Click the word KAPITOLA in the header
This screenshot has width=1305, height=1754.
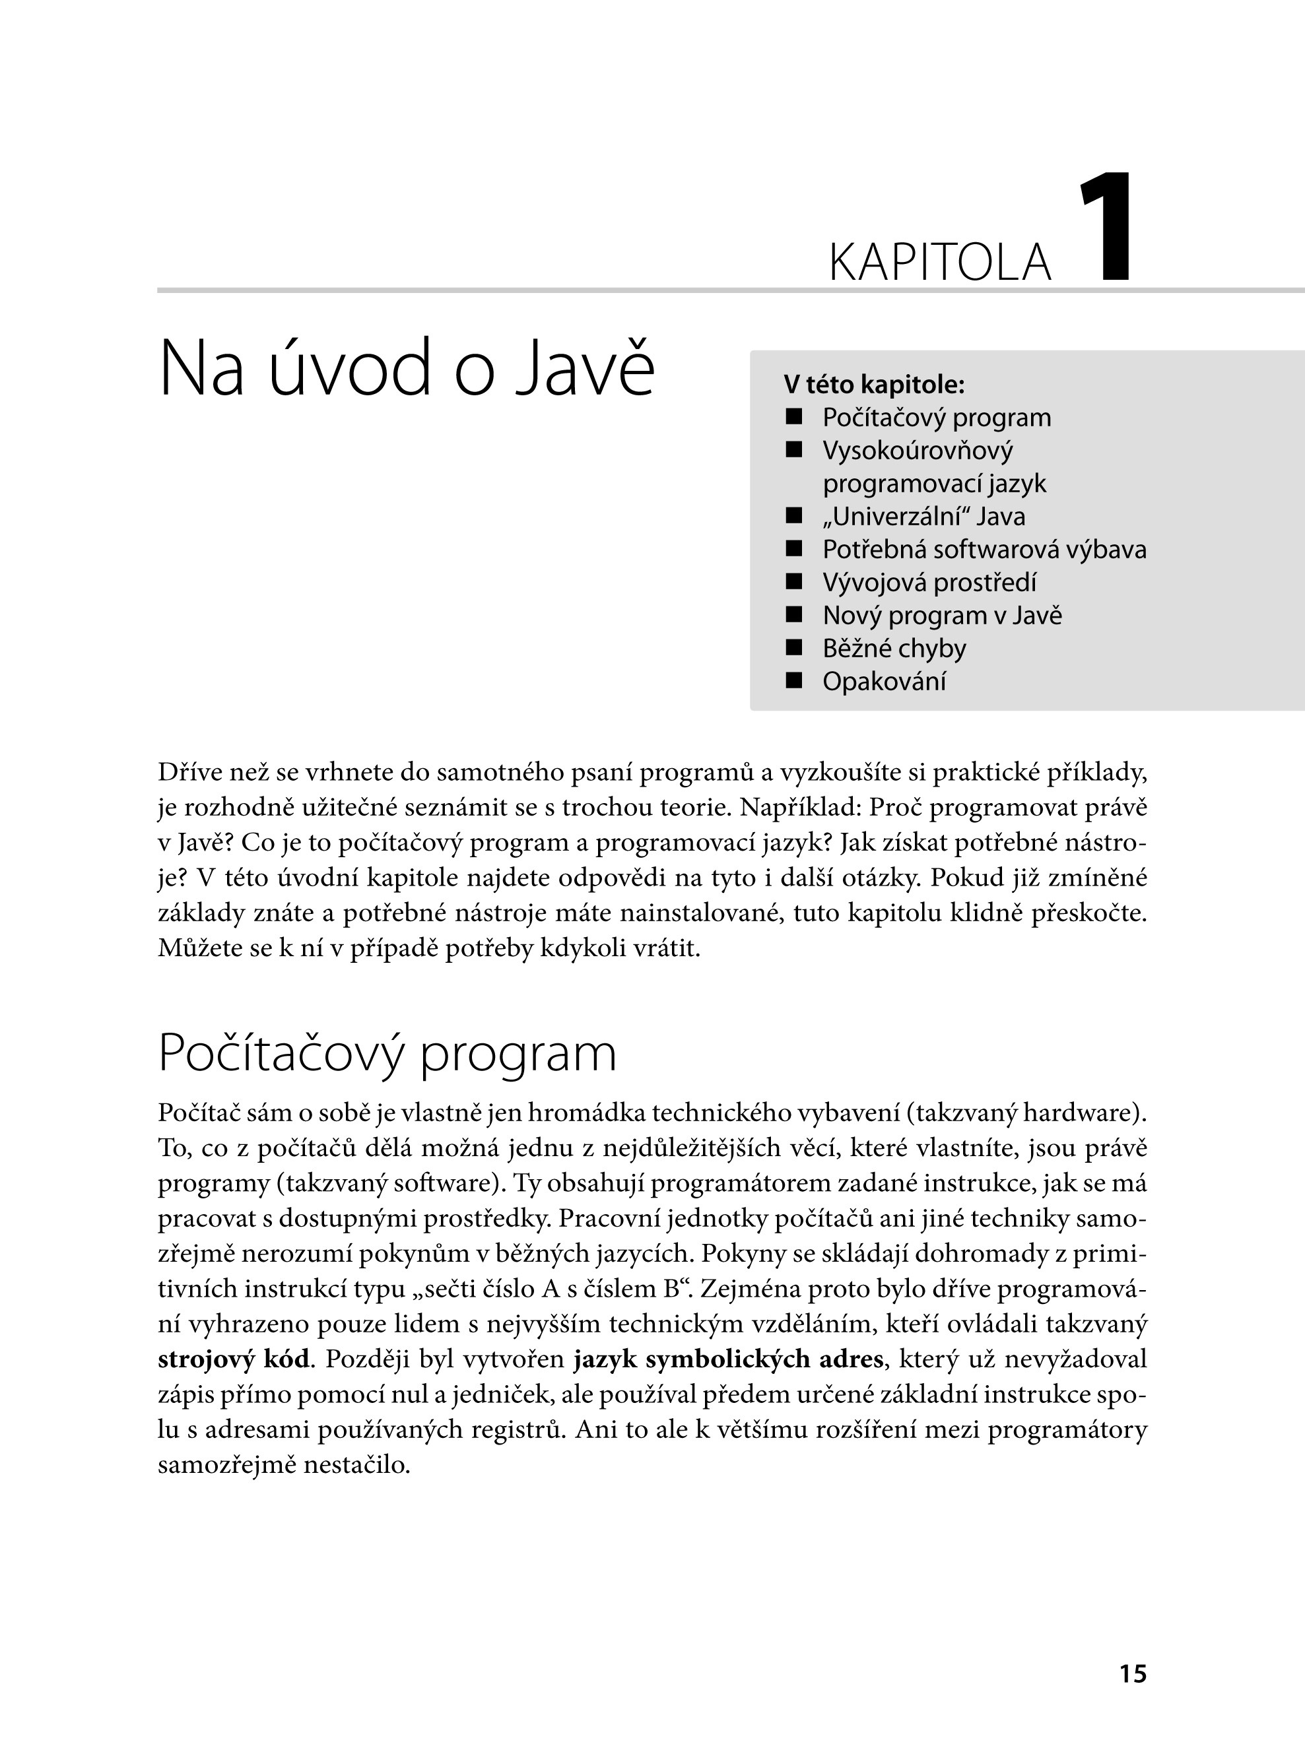[x=939, y=263]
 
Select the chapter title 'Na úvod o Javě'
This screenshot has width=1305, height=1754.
[x=407, y=369]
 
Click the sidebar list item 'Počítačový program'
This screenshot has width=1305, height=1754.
[x=936, y=418]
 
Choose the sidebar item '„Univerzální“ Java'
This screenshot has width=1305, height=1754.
[x=923, y=517]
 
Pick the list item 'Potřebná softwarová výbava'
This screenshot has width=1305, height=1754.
[x=984, y=550]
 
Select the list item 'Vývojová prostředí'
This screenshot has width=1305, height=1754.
[x=929, y=583]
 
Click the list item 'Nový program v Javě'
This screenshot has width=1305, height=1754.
[x=942, y=615]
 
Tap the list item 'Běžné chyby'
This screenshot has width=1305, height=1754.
[x=894, y=649]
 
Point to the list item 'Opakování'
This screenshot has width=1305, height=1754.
[x=884, y=682]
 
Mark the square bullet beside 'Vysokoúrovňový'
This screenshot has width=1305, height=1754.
[x=794, y=450]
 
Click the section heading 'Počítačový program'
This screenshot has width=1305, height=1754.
[x=387, y=1053]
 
